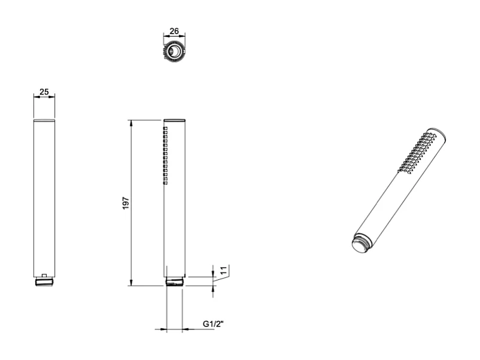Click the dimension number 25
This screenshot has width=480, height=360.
click(x=44, y=93)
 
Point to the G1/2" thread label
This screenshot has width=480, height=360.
click(x=212, y=324)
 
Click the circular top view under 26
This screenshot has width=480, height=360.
click(x=174, y=52)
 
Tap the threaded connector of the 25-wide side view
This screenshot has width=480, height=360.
click(x=44, y=281)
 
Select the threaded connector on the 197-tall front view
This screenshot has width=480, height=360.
click(x=175, y=281)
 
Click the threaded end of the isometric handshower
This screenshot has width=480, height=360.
click(x=360, y=243)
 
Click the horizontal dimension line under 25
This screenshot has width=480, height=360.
click(x=44, y=98)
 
